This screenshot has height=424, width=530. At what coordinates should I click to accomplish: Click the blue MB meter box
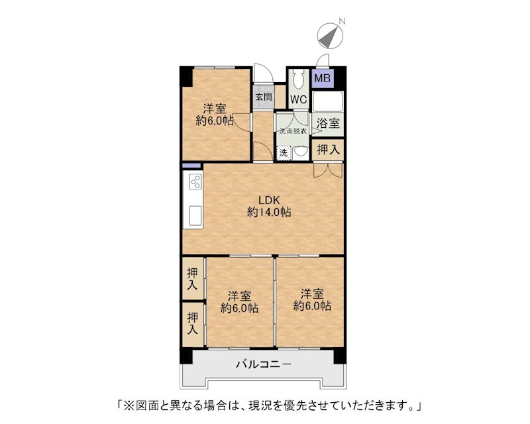pos(323,78)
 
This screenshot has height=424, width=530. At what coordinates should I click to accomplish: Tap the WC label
pos(299,100)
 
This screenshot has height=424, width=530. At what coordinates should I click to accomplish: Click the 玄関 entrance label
pos(263,97)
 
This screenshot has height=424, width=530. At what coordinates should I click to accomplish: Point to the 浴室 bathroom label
pos(328,123)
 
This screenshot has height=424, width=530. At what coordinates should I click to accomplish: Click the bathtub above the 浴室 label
pos(327,101)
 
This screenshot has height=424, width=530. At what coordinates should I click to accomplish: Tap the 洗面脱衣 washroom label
pos(293,131)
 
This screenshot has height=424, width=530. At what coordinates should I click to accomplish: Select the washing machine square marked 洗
pos(284,153)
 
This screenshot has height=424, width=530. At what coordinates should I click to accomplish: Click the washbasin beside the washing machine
pos(300,153)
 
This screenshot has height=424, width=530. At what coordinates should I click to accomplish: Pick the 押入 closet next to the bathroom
pos(328,149)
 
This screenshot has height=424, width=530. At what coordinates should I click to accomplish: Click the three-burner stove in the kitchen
pos(195,182)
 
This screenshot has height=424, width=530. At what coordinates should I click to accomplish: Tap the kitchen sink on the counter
pos(195,215)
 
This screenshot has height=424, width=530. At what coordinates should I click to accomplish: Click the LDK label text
pos(269,200)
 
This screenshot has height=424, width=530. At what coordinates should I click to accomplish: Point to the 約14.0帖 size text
pos(269,213)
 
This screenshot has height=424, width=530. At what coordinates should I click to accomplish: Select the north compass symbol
pos(330,35)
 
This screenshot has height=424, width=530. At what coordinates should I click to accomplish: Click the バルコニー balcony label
pos(263,364)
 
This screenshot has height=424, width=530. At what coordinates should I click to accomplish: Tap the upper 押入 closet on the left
pos(193,278)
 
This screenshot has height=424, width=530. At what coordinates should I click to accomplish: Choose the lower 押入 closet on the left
pos(193,324)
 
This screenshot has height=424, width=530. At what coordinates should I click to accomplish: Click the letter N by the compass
pos(342,21)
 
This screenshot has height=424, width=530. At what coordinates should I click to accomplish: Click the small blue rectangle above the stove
pos(191,166)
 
